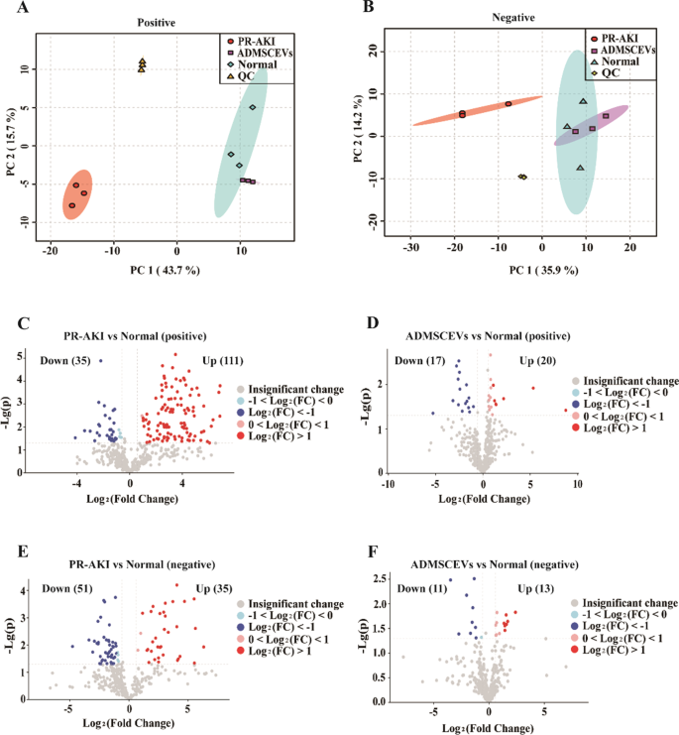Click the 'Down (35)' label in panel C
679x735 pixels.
62,360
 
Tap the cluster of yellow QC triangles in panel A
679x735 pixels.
143,65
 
